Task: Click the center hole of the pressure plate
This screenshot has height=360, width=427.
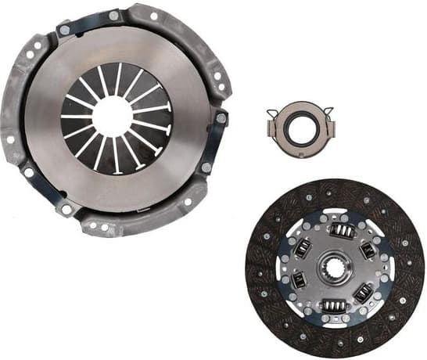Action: click(x=111, y=117)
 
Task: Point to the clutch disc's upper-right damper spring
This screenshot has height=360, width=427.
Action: click(x=368, y=250)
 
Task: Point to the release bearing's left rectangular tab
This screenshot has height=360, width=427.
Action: click(x=274, y=126)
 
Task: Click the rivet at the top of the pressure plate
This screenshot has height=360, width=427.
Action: click(x=114, y=15)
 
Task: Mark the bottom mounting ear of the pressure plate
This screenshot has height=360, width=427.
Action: click(x=102, y=227)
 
